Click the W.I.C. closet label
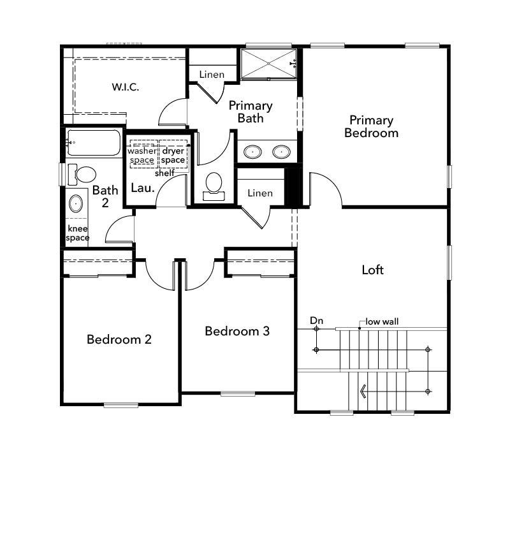tap(126, 87)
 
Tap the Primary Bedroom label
tap(371, 126)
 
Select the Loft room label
tap(372, 270)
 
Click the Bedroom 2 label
tap(119, 339)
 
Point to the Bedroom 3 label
tap(237, 331)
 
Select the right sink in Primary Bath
tap(281, 152)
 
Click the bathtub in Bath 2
tap(94, 142)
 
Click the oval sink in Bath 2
tap(76, 203)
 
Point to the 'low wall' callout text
tap(382, 321)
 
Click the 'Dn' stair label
tap(316, 321)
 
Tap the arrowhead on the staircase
tap(363, 392)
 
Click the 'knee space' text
tap(78, 233)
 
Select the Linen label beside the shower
tap(212, 75)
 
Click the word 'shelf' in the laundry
tap(164, 173)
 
